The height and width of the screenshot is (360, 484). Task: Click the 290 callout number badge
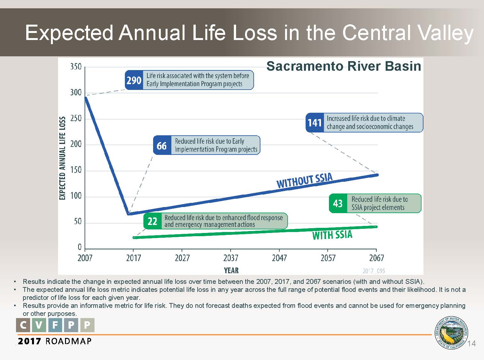134,80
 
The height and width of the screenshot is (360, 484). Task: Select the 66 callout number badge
162,146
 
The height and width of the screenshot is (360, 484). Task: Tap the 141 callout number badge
315,123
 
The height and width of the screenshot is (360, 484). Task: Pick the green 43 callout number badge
338,204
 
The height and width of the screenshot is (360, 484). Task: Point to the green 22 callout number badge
152,221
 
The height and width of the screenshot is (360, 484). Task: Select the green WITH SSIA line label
332,235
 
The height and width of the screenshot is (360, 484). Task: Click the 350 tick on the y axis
76,67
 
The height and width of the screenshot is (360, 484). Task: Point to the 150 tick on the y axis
76,170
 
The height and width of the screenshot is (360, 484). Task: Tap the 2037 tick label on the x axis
231,258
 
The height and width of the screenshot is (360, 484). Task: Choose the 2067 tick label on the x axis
376,258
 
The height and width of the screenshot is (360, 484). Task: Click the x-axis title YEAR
231,271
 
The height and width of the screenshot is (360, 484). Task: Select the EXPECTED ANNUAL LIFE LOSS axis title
62,158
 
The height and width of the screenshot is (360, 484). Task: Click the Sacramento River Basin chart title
344,66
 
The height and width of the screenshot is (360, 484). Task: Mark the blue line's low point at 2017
129,213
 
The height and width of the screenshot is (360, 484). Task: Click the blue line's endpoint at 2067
377,175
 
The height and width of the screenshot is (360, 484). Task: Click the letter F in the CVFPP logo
55,325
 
